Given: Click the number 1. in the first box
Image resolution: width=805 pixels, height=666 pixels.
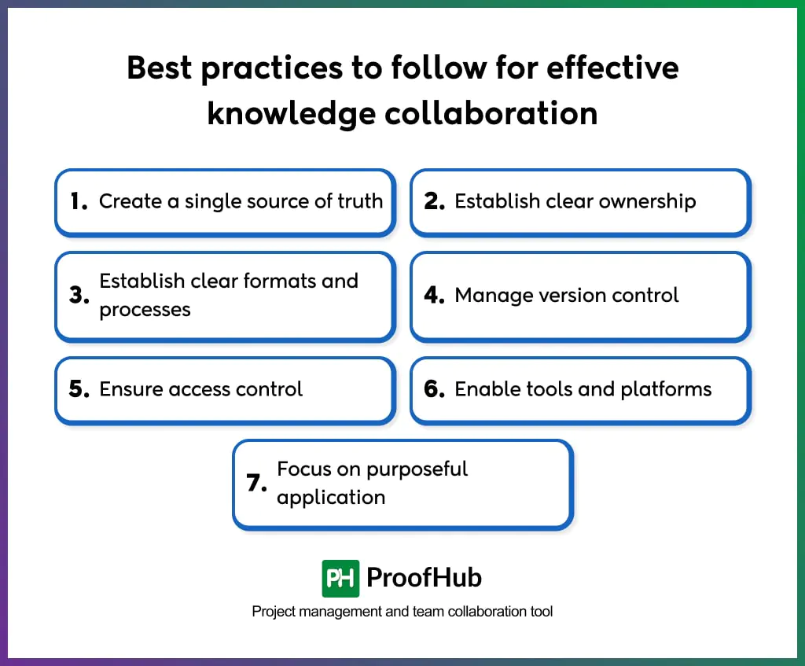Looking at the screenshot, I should point(78,201).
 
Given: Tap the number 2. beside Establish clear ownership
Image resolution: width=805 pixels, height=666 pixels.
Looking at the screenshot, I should point(434,201).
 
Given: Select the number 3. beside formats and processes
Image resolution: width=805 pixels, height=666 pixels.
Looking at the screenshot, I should point(79,296).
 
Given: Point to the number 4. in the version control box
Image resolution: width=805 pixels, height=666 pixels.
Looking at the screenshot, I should point(434,296).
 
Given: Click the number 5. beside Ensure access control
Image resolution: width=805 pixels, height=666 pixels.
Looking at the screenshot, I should point(79,389).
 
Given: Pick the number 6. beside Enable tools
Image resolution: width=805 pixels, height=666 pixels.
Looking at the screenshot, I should point(434,389).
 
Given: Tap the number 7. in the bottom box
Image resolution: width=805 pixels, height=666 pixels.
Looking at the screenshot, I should point(256,484).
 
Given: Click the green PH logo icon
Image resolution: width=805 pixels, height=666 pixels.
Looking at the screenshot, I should point(340,579).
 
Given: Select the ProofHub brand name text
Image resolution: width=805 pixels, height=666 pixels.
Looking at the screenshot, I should point(424,579).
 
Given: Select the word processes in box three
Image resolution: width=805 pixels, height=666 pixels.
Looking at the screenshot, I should point(145,310).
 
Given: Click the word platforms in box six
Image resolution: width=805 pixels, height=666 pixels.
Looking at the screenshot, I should point(667,389).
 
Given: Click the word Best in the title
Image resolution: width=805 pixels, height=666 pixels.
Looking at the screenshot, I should point(159,68).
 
